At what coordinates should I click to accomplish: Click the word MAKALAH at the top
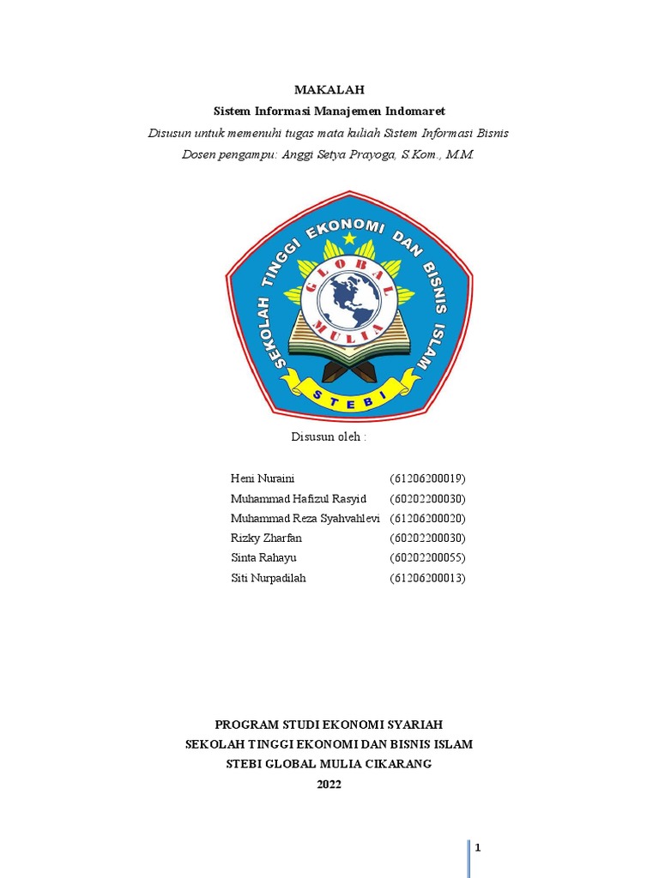[x=329, y=89]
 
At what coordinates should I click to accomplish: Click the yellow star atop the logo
[x=348, y=238]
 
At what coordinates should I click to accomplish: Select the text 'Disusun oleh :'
[x=329, y=436]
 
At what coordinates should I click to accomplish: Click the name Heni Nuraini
[x=263, y=478]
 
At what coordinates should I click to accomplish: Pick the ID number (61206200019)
[x=427, y=478]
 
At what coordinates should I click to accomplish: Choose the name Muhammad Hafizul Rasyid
[x=299, y=499]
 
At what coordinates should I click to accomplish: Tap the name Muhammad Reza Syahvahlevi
[x=305, y=519]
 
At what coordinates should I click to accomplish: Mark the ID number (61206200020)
[x=427, y=519]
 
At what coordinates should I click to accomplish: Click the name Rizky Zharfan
[x=266, y=538]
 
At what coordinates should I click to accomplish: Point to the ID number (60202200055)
[x=427, y=558]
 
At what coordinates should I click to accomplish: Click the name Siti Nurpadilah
[x=268, y=578]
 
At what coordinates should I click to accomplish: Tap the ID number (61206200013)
[x=427, y=578]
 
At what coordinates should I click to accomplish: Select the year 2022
[x=329, y=784]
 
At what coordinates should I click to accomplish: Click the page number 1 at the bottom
[x=478, y=848]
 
